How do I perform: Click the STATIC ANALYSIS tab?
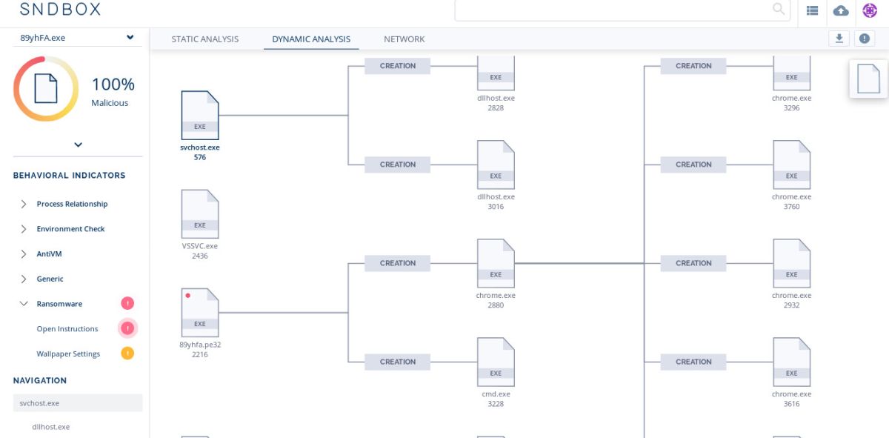click(204, 39)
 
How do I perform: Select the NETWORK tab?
click(404, 39)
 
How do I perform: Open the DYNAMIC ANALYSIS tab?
click(311, 39)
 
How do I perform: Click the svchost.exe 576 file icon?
click(200, 115)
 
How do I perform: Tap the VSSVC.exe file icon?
click(200, 213)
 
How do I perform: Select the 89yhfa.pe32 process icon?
click(200, 312)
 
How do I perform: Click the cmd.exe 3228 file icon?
click(496, 362)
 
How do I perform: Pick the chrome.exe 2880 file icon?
click(496, 263)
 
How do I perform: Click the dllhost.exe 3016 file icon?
click(496, 165)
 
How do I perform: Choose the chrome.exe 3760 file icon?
click(791, 165)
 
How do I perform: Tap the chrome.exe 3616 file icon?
click(791, 362)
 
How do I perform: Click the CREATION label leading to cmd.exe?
click(398, 362)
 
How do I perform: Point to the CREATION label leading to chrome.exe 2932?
click(693, 263)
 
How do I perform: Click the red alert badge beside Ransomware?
click(127, 303)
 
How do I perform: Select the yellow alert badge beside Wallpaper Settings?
click(127, 354)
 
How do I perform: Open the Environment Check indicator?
click(70, 229)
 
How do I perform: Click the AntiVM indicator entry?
click(49, 254)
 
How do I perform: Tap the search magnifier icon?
click(779, 9)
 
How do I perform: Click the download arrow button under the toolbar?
click(839, 39)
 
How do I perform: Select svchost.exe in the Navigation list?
click(40, 403)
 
